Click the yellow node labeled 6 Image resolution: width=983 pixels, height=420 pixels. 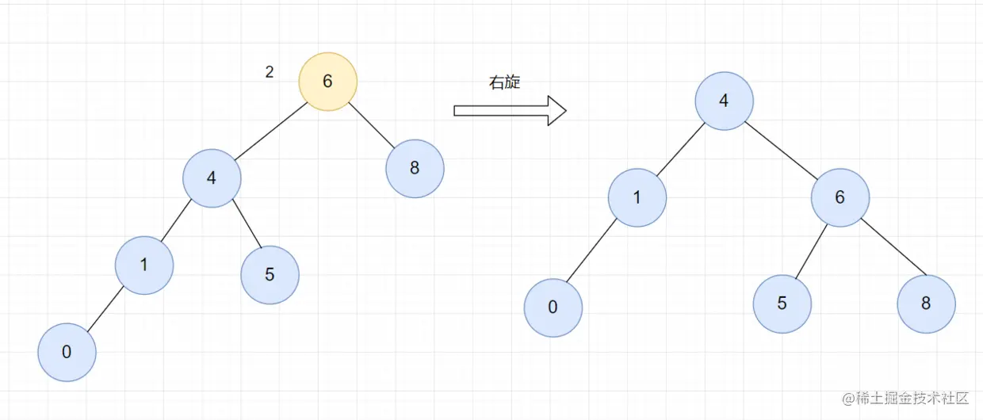point(328,82)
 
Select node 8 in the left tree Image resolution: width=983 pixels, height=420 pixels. point(415,168)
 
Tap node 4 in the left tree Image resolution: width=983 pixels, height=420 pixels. point(212,178)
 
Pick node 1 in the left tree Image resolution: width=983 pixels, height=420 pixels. point(143,265)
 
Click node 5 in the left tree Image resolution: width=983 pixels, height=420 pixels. point(270,275)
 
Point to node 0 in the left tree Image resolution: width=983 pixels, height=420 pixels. point(67,353)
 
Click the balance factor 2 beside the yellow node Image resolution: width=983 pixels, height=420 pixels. point(270,72)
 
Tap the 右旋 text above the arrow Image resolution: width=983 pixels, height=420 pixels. point(505,82)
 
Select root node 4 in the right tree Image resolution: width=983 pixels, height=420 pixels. point(724,101)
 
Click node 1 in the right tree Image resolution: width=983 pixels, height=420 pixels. point(637,197)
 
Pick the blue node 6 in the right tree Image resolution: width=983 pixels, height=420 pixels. point(840,197)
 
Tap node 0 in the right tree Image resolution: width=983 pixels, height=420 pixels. point(553,308)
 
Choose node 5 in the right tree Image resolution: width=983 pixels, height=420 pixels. point(782,304)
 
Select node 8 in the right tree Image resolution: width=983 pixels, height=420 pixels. point(926,304)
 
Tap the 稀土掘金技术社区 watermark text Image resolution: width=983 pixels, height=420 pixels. point(912,397)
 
